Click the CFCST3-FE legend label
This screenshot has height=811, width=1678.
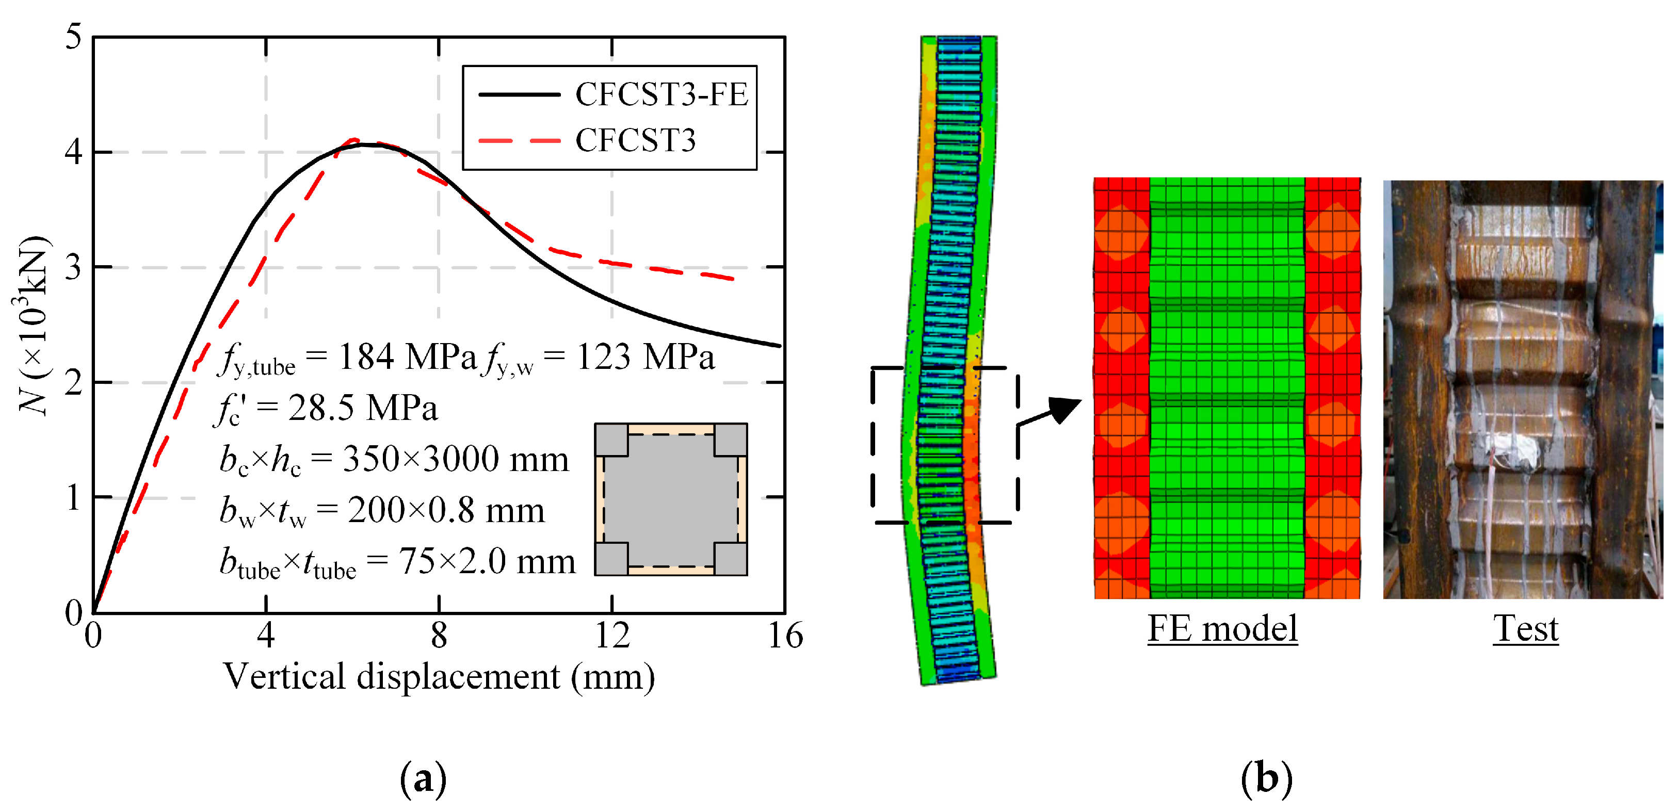(x=661, y=94)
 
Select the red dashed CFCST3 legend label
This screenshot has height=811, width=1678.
(x=635, y=140)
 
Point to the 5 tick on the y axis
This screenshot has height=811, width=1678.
(x=74, y=37)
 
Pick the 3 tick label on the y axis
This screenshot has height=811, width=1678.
(x=74, y=267)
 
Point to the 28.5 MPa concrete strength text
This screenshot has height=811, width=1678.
(x=362, y=409)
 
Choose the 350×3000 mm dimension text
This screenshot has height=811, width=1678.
(x=455, y=459)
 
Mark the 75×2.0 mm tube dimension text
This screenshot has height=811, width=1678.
(x=487, y=561)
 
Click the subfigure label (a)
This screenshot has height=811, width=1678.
(x=424, y=778)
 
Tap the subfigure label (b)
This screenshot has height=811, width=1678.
(x=1266, y=778)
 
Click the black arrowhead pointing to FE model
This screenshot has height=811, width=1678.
(x=1064, y=409)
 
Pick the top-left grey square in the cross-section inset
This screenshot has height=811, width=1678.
(x=611, y=440)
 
